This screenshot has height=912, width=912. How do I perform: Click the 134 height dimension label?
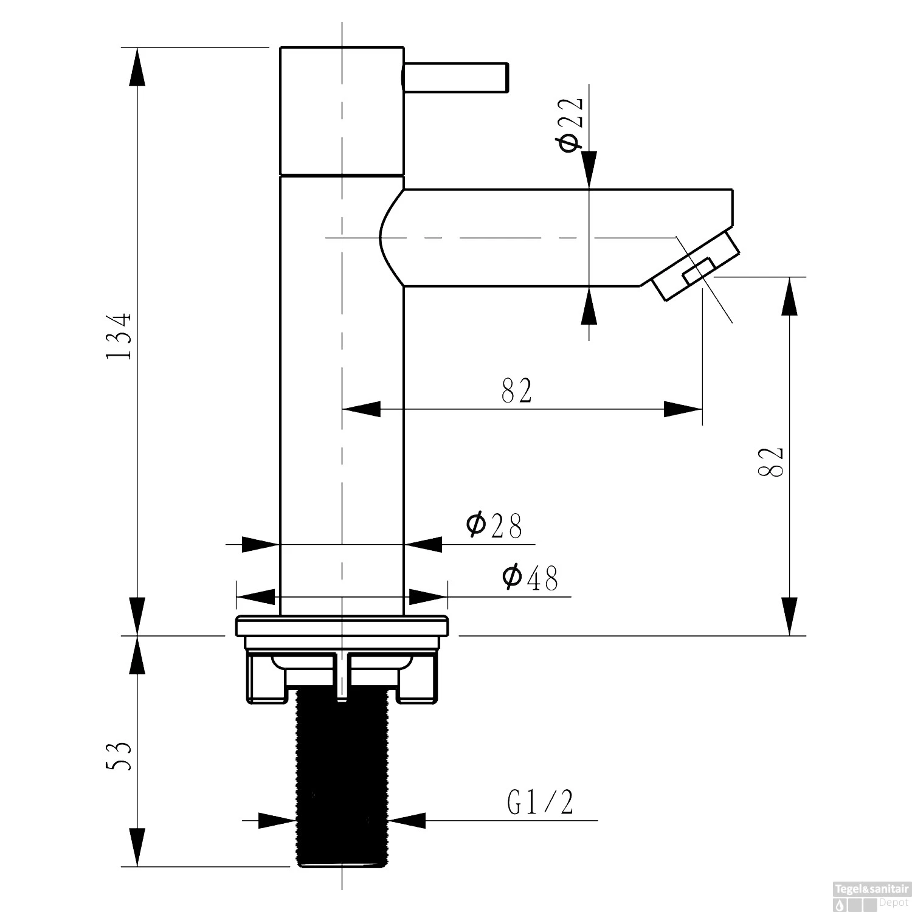pos(119,337)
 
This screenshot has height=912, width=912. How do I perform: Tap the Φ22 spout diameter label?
pos(570,125)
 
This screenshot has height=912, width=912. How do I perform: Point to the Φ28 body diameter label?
pos(494,526)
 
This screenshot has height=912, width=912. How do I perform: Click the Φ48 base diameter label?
pos(530,578)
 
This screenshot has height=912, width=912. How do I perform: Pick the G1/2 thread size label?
pos(540,803)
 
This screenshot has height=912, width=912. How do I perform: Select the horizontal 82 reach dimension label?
pos(517,391)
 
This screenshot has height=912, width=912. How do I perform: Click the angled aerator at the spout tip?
pos(696,265)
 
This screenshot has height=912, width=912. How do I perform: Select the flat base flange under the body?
pos(341,626)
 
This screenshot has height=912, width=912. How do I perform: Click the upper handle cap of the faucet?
pos(341,109)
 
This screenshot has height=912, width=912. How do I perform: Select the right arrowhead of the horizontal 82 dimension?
pos(683,409)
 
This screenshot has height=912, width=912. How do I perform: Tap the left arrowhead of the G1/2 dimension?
pos(277,820)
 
